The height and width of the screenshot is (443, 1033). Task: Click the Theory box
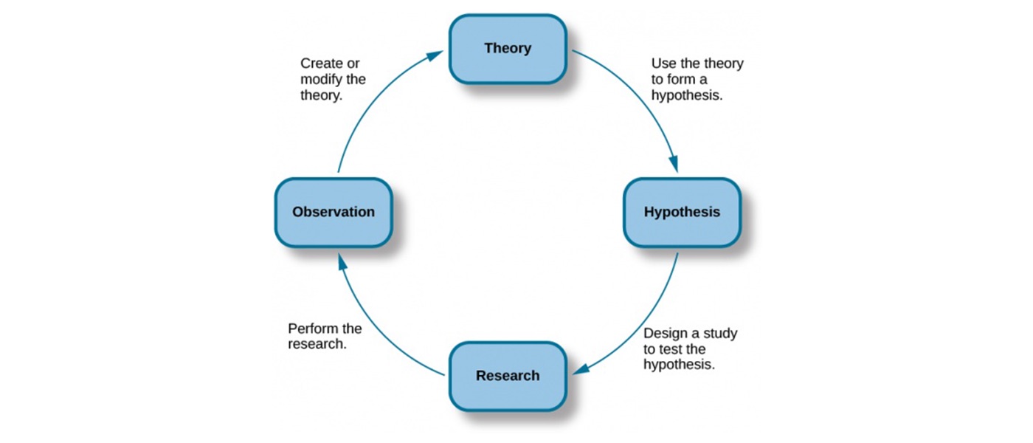tap(508, 49)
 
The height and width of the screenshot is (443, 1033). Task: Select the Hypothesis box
tap(682, 213)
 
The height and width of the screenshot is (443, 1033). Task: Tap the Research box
tap(508, 376)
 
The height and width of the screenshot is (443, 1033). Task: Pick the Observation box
tap(334, 213)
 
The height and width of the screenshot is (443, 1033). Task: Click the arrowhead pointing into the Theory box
tap(435, 56)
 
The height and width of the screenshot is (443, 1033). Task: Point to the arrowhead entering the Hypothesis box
tap(673, 164)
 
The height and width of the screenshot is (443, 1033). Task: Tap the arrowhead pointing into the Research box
tap(581, 369)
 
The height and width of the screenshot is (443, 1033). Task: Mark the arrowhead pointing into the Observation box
tap(342, 262)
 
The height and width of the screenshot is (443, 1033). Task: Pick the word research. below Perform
tap(317, 344)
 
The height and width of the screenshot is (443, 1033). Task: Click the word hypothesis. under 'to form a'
tap(687, 95)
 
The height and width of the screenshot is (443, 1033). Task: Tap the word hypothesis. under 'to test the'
tap(680, 365)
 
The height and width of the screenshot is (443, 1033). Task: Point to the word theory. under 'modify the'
tap(322, 95)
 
